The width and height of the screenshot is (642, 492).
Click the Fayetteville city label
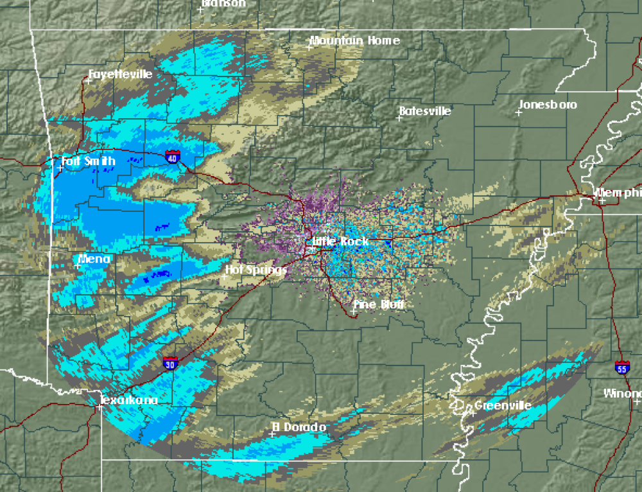click(121, 75)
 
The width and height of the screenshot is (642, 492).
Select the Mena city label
click(94, 259)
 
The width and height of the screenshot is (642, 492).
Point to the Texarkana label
click(129, 400)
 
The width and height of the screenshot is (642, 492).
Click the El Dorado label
click(299, 427)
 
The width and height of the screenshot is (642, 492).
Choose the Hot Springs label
click(256, 270)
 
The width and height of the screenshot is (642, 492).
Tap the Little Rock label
click(340, 242)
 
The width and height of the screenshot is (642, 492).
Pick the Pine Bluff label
click(379, 305)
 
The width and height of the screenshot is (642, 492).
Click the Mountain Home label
click(354, 41)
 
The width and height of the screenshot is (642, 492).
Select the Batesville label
click(425, 111)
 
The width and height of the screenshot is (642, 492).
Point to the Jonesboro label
click(548, 105)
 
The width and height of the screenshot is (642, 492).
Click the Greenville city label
click(503, 405)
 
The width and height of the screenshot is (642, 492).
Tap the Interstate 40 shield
click(172, 156)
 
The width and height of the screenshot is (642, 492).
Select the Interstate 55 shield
click(621, 367)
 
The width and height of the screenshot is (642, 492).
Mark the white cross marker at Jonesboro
click(518, 113)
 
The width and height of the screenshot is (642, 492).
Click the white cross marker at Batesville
click(401, 119)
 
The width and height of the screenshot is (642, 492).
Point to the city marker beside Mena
click(78, 265)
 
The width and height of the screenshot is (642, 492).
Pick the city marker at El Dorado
click(272, 434)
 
